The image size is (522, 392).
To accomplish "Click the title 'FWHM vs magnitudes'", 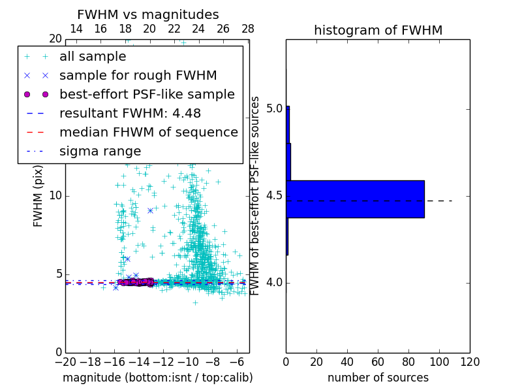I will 147,14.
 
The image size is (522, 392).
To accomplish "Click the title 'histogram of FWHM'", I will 378,30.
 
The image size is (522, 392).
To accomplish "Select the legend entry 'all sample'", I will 93,57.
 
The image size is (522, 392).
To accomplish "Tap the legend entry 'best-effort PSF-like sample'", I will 147,94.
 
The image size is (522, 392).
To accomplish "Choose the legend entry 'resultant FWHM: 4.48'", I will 130,113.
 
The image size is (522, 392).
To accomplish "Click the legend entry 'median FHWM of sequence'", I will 148,132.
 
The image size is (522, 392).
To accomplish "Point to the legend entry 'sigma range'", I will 100,151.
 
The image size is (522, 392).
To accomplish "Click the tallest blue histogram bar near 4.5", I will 355,199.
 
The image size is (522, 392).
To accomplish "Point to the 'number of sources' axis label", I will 378,378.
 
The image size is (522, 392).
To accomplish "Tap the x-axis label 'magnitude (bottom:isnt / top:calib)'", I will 157,378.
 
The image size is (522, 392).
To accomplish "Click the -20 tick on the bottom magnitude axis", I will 65,362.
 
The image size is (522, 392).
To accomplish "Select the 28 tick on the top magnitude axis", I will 247,29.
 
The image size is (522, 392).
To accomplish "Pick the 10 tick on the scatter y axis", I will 55,195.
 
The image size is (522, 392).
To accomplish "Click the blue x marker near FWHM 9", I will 150,210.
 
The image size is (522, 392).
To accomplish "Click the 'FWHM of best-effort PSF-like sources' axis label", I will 256,195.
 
